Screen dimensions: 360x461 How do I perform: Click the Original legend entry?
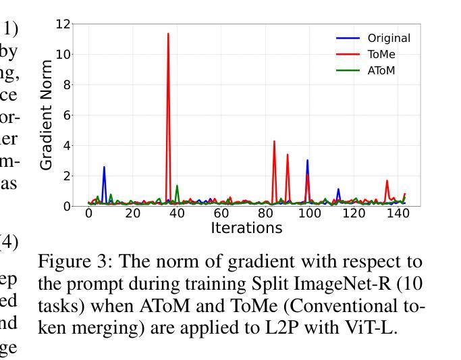coord(389,38)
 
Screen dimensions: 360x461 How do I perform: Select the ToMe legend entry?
coord(381,55)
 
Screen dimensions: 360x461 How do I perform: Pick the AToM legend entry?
coord(381,70)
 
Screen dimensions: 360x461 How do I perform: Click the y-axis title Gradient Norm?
coord(47,115)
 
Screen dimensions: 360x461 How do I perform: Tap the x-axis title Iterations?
coord(246,228)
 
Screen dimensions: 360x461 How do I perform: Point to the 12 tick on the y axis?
coord(63,24)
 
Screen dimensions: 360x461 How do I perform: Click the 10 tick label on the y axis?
coord(63,55)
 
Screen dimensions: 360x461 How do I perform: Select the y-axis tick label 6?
coord(66,115)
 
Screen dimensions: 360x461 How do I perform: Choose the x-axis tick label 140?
coord(398,213)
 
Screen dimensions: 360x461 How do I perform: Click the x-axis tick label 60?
coord(221,213)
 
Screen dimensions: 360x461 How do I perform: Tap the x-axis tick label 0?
coord(88,213)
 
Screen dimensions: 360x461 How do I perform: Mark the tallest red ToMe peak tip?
coord(168,33)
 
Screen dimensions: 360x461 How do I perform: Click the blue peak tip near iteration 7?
coord(104,167)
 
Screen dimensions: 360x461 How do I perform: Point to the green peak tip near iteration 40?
coord(177,186)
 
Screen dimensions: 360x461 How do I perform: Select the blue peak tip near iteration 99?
coord(307,161)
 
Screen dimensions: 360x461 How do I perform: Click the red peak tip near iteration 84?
coord(274,141)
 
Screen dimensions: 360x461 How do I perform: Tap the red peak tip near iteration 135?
coord(387,180)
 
